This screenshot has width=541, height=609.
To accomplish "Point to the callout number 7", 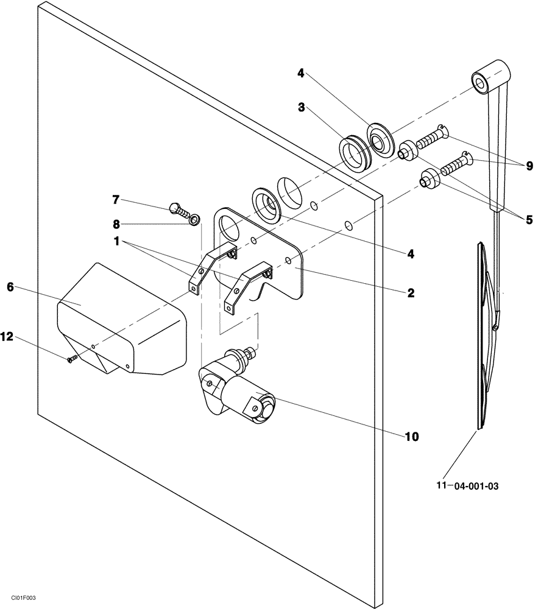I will pos(116,199).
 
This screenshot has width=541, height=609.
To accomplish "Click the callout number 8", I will pos(116,224).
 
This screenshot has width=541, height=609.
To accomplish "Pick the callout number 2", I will pos(411,293).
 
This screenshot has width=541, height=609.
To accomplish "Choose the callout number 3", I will pos(302,107).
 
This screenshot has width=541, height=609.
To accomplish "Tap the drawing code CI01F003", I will pos(22,599).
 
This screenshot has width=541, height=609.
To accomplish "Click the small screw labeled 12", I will pos(71,360).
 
